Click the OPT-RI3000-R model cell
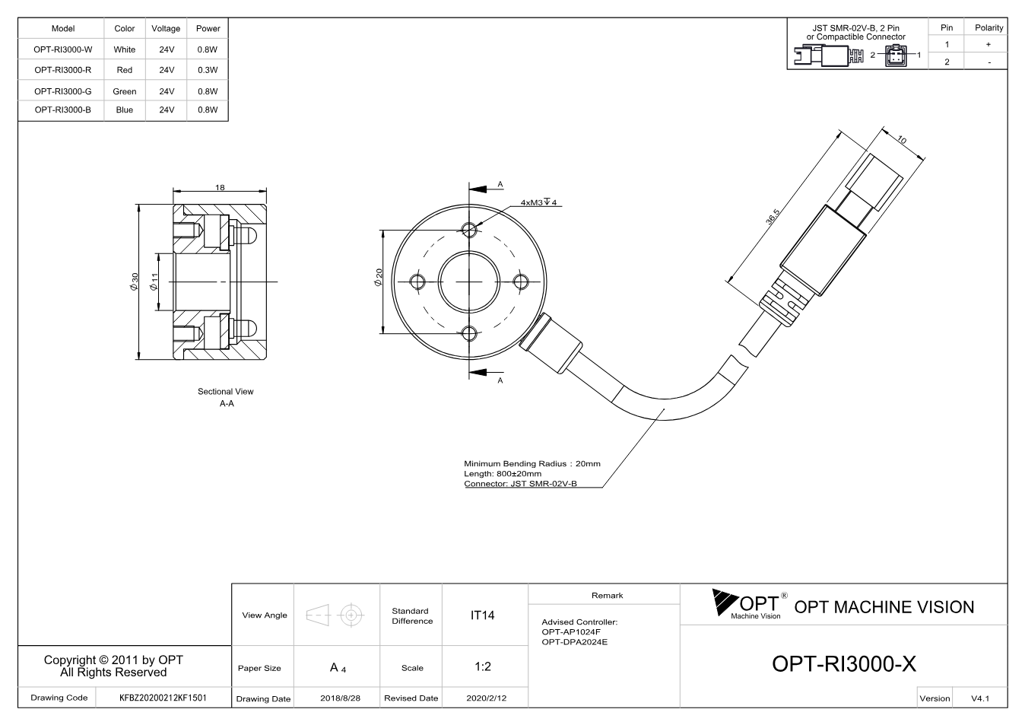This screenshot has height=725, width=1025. (x=62, y=70)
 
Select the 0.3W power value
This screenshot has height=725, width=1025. (x=208, y=70)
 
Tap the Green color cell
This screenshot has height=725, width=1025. (x=125, y=91)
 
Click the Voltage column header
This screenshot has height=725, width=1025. (x=166, y=28)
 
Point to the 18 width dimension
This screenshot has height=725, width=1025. (x=220, y=187)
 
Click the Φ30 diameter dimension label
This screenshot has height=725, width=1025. (x=134, y=281)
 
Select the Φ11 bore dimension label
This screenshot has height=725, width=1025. (x=154, y=281)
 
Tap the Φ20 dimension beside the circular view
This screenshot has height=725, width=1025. (x=379, y=278)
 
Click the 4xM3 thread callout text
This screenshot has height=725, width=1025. (x=538, y=202)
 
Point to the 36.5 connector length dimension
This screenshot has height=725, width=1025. (x=773, y=217)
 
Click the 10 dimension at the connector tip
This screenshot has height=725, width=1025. (x=902, y=140)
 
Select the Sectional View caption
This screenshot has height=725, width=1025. (x=226, y=391)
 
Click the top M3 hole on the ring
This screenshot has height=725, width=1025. (x=469, y=230)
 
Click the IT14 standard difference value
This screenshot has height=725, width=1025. (x=482, y=615)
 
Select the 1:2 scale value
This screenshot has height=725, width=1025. (x=483, y=666)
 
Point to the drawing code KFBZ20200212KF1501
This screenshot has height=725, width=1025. (x=163, y=698)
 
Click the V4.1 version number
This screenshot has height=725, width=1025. (x=980, y=698)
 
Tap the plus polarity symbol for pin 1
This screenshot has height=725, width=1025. (x=989, y=44)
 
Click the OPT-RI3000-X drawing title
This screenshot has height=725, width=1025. (x=844, y=663)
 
